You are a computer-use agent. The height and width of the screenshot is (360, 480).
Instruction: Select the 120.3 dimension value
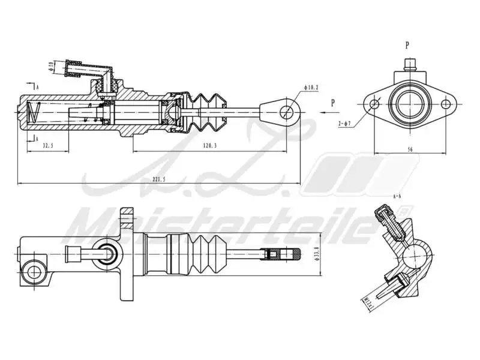pos(209,146)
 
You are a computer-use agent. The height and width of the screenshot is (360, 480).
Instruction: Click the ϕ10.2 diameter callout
pos(311,88)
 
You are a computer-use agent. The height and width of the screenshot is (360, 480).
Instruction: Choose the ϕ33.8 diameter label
pos(316,254)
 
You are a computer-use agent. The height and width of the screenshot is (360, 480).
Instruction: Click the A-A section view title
pos(397,196)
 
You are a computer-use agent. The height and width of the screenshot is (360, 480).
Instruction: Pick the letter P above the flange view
pos(407,44)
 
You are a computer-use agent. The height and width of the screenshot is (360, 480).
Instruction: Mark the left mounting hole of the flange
pos(376,104)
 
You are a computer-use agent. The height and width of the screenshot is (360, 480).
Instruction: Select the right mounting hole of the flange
pos(446,104)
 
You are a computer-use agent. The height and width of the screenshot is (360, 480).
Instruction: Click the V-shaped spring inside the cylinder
pos(35,112)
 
